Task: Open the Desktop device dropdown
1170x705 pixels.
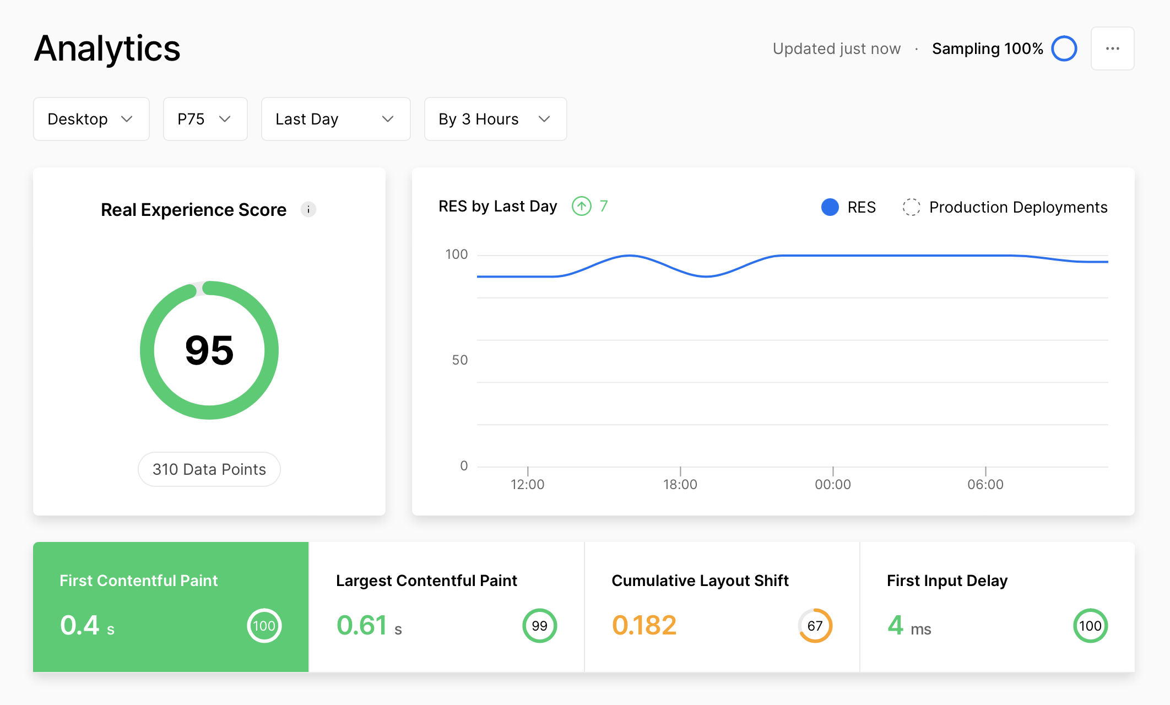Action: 91,119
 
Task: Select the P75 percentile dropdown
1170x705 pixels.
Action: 205,119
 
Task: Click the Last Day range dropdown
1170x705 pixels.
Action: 335,119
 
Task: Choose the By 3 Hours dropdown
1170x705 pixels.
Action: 495,119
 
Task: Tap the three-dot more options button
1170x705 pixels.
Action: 1112,48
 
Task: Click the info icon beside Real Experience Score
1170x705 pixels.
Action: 308,209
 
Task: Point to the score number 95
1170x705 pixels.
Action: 209,350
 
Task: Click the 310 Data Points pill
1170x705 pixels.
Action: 209,469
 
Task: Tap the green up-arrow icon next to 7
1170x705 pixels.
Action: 581,206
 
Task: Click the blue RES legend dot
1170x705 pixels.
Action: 830,207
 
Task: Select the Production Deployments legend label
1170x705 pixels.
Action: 1018,207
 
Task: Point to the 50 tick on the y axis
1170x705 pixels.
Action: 459,360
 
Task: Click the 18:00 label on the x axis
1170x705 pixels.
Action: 680,485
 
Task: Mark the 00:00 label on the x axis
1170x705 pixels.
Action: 833,485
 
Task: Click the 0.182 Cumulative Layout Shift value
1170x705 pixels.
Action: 644,626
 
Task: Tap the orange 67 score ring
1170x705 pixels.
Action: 815,626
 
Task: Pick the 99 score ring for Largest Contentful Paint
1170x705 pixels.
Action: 539,626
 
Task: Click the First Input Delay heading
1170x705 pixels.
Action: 947,581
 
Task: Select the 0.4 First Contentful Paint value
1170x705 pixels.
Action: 80,626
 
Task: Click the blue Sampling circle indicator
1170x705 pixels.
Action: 1064,48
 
